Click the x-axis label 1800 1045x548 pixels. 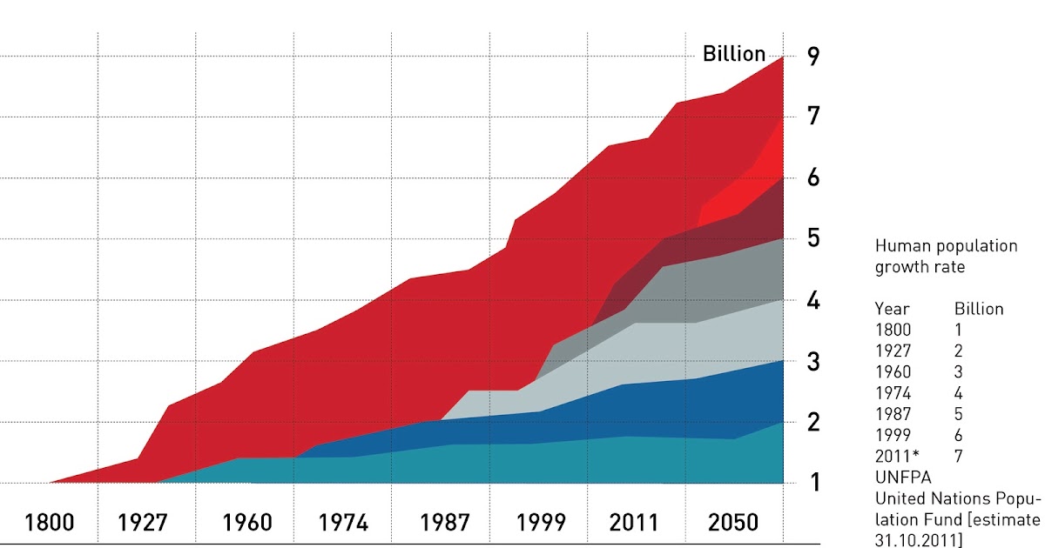tap(50, 523)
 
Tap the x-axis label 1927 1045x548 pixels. tap(145, 523)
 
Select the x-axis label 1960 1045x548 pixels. tap(247, 523)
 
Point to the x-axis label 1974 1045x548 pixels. tap(343, 523)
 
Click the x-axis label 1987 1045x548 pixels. tap(446, 523)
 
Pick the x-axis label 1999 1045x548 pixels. tap(542, 523)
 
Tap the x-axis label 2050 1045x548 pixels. tap(734, 523)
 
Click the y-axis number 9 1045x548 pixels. tap(813, 57)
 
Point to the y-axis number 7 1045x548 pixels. tap(813, 116)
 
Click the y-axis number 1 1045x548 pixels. tap(813, 482)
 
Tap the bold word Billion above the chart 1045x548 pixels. tap(734, 54)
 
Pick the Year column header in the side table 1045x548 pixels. tap(892, 309)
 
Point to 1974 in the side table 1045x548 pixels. tap(893, 392)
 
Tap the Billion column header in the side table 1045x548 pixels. tap(979, 309)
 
